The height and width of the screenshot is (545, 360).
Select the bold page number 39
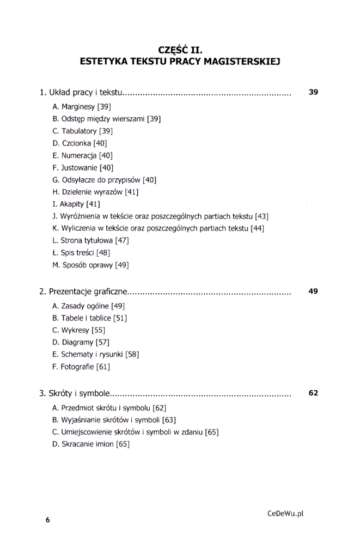(x=313, y=92)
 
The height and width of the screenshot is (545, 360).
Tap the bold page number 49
(x=313, y=292)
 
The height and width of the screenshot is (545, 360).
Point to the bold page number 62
(x=313, y=392)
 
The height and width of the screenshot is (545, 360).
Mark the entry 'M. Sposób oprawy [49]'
(x=90, y=265)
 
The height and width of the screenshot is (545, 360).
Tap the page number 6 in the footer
(x=47, y=520)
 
